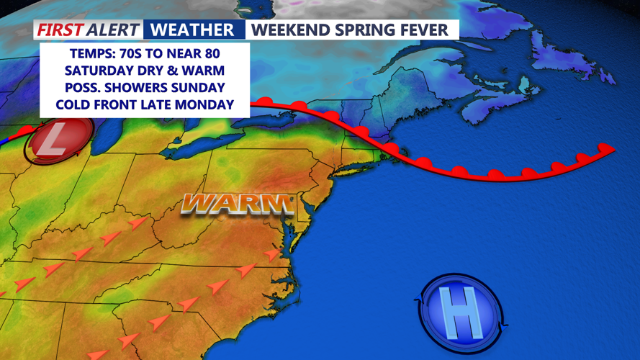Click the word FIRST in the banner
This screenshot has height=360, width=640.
60,30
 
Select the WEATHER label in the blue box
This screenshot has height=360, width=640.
193,30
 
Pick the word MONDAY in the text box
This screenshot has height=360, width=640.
204,104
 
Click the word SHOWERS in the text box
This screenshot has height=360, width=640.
144,88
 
